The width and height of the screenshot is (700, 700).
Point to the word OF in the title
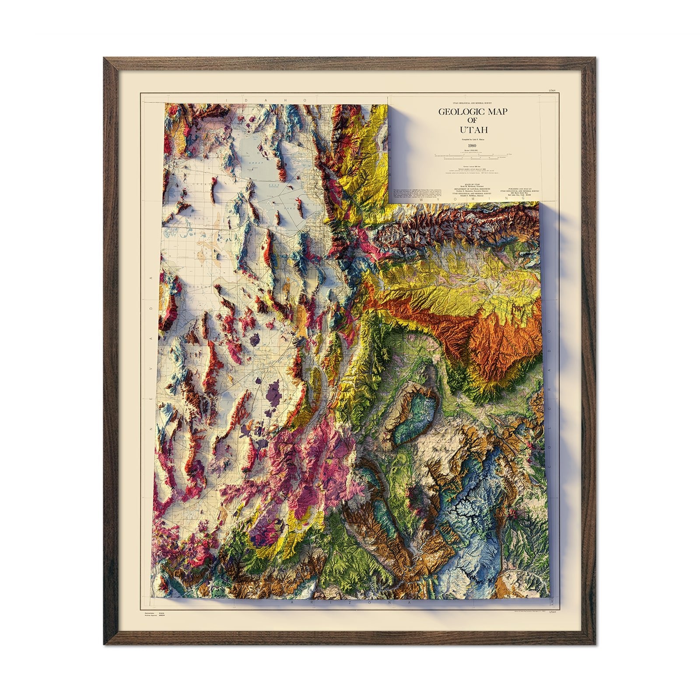[474, 121]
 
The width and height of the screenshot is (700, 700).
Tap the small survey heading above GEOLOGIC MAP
[474, 101]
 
